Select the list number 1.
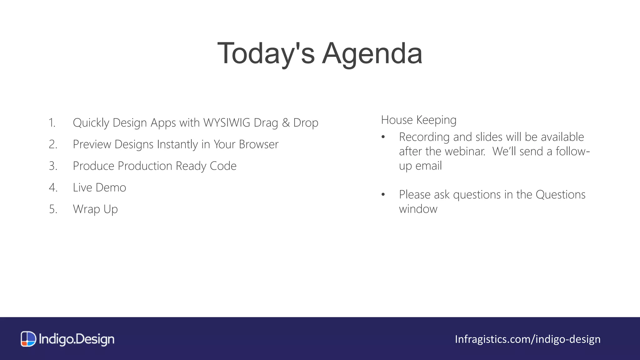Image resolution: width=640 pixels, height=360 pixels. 52,123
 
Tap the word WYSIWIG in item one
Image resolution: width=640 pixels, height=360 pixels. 227,123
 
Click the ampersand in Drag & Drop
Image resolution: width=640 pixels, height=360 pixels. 286,123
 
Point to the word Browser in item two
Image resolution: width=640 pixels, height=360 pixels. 258,144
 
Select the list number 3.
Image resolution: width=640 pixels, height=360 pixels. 53,166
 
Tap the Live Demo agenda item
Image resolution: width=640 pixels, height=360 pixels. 99,187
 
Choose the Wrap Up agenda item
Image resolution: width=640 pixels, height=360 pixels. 95,209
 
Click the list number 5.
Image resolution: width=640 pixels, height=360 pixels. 53,209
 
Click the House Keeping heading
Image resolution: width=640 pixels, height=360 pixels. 418,120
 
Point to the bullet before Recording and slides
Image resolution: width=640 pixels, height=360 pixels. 383,137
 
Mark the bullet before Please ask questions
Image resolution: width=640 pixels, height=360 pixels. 383,195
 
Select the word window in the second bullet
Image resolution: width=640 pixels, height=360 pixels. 418,209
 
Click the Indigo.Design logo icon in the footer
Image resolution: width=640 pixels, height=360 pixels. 28,339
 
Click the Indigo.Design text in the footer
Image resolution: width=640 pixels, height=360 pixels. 77,339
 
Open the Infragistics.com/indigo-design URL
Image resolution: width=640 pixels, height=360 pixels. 527,339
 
